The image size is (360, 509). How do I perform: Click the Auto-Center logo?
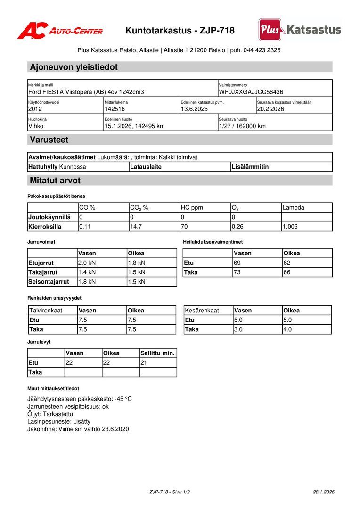click(60, 31)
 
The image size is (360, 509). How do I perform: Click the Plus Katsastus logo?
click(300, 30)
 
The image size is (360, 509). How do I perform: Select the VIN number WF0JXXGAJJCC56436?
click(251, 92)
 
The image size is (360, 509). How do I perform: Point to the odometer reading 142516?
click(115, 109)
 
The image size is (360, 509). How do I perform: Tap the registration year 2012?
click(35, 109)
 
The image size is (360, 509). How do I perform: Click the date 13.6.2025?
click(194, 109)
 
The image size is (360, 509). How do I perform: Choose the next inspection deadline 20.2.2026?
click(270, 109)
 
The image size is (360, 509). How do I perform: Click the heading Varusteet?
click(49, 140)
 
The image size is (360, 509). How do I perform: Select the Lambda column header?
click(293, 207)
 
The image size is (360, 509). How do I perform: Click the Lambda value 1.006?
click(290, 226)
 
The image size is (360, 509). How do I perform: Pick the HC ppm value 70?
click(185, 226)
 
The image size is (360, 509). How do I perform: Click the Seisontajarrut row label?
click(49, 282)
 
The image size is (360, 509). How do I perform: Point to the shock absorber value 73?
click(237, 272)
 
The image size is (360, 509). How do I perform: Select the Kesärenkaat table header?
click(202, 311)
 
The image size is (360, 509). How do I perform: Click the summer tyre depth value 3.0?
click(238, 329)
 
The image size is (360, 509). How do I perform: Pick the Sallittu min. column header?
click(158, 353)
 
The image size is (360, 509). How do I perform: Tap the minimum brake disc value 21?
click(144, 362)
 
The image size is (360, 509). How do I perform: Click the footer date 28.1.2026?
click(323, 492)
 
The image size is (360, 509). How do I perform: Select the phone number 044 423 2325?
click(262, 50)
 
